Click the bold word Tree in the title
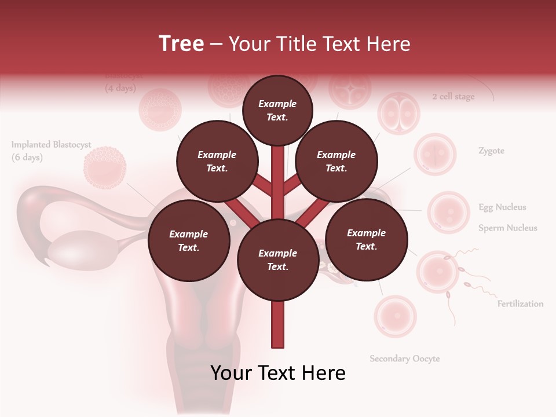(x=181, y=43)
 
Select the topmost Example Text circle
(x=277, y=110)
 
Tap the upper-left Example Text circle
(x=217, y=161)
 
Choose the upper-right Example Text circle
(x=336, y=161)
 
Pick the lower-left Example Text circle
(x=189, y=240)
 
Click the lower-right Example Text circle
(x=367, y=239)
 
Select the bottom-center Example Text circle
(x=278, y=259)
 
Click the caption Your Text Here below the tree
(x=278, y=373)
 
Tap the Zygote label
(x=491, y=151)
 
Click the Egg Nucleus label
(x=502, y=207)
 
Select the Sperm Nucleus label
(x=507, y=228)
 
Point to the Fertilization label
(x=520, y=303)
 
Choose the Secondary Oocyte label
(x=405, y=359)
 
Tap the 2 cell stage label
(x=453, y=97)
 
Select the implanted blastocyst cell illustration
(x=105, y=168)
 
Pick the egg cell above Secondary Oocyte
(x=395, y=316)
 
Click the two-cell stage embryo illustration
(x=398, y=113)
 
